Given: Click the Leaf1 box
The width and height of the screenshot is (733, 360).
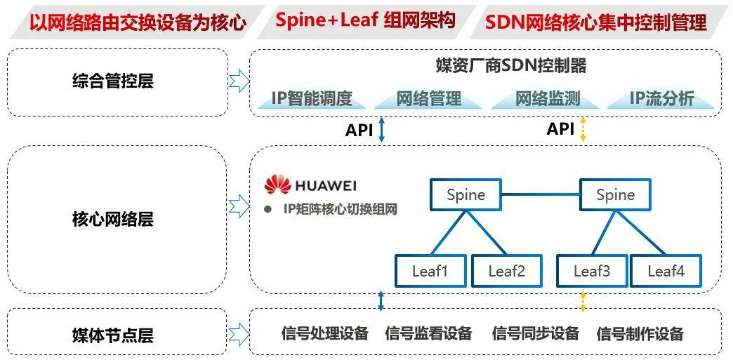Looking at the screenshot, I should (430, 271).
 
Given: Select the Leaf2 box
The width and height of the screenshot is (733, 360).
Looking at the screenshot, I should (506, 271).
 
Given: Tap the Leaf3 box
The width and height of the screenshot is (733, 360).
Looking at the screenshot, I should (592, 271).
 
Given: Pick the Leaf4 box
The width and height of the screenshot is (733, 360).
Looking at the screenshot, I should (666, 271).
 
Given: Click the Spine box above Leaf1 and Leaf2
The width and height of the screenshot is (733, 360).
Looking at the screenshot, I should (465, 194).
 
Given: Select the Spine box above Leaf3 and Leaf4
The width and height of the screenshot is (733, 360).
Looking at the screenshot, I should (615, 194).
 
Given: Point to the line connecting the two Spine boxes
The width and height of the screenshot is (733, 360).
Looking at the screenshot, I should (541, 194).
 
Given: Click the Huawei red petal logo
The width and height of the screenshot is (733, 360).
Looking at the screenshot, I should (277, 185).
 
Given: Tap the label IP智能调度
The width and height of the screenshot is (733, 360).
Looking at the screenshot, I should (311, 99).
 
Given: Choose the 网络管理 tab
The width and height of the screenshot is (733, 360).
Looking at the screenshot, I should (428, 99).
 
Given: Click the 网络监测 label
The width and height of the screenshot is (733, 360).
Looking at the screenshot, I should (548, 99).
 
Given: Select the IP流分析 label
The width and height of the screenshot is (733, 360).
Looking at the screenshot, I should (661, 99).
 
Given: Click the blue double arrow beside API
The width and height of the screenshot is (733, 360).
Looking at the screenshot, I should (382, 130).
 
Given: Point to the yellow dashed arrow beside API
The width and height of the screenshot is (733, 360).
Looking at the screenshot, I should (582, 130).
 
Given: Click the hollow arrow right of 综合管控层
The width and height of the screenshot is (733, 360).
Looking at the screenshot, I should (239, 81).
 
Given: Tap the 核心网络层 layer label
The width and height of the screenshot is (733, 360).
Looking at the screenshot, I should (112, 220).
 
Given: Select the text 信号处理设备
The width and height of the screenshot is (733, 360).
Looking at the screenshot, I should (324, 334).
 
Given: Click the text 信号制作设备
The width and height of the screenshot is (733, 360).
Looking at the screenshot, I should (640, 334).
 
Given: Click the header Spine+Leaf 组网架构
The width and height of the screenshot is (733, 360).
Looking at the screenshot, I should (365, 20).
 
